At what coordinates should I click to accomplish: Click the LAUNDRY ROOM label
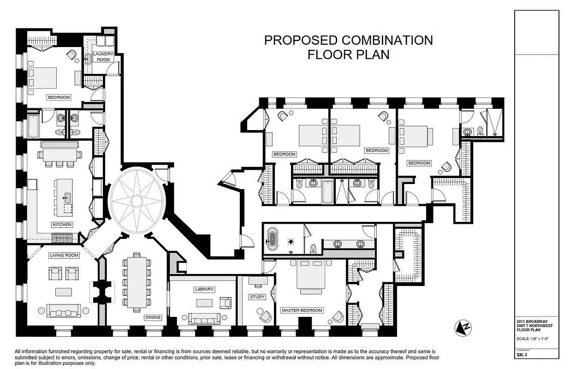coord(103,57)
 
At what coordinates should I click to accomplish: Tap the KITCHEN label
coord(62,225)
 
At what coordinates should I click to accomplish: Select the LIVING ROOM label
coord(64,255)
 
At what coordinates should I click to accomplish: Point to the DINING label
coord(153,317)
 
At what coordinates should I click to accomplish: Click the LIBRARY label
coord(204,289)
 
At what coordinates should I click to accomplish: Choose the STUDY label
coord(257,297)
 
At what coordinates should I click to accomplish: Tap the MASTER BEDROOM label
coord(302,310)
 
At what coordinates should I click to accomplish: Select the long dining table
coord(137,282)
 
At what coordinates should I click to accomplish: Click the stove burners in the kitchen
coord(62,238)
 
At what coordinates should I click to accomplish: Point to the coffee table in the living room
coord(64,292)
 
